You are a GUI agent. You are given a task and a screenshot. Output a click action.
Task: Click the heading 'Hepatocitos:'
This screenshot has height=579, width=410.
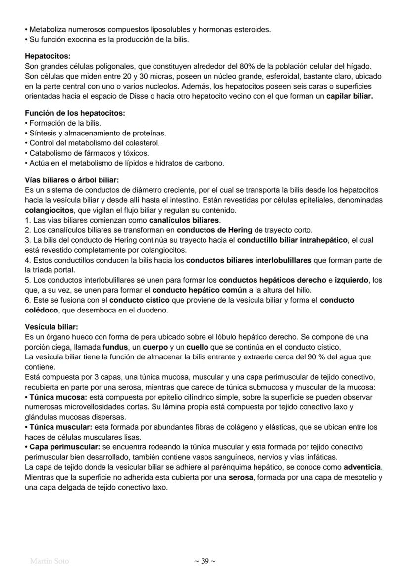48,56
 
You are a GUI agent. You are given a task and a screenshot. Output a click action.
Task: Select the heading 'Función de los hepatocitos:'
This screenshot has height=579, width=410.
75,113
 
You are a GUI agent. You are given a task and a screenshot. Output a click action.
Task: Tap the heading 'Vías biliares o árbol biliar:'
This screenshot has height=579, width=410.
72,180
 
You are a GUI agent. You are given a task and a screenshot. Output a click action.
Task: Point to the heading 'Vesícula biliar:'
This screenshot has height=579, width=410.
51,327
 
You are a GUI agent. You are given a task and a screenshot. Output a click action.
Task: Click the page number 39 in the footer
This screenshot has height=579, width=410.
205,561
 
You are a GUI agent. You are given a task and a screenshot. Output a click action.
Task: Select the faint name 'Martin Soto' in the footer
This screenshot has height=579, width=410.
50,561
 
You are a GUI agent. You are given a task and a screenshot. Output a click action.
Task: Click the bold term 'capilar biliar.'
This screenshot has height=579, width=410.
349,96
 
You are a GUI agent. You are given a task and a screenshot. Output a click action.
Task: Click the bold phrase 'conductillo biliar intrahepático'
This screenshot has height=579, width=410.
293,240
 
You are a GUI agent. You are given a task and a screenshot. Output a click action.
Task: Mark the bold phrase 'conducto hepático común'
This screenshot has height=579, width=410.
193,290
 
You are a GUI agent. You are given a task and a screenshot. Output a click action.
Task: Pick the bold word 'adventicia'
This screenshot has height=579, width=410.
362,467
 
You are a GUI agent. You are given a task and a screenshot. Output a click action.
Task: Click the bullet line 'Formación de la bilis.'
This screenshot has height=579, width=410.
65,123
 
